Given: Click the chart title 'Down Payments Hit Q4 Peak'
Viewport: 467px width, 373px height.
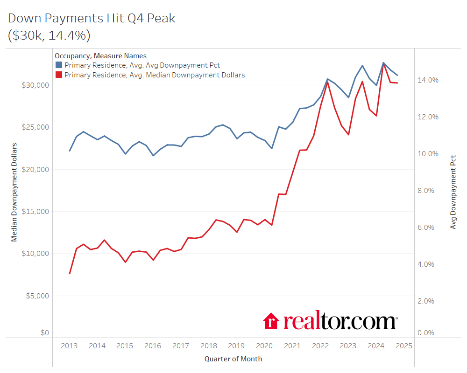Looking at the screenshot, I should click(92, 19).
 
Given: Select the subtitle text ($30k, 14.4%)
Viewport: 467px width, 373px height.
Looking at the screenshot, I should click(49, 35).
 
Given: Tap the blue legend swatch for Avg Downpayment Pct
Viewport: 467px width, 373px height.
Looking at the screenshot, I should click(59, 65).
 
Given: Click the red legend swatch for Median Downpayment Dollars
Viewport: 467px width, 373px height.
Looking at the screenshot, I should click(59, 75).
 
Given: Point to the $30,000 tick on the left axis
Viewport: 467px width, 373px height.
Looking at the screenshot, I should click(35, 85).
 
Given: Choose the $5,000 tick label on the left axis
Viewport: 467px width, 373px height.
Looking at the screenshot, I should click(37, 296).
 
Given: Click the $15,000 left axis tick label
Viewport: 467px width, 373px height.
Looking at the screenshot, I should click(35, 211).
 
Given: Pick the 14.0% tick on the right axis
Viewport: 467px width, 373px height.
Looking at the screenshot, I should click(428, 80).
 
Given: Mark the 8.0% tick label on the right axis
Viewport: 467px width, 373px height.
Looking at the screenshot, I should click(426, 191).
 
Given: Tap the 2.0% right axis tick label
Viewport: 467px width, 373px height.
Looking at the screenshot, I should click(426, 301).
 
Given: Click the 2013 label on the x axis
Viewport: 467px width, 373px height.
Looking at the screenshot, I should click(69, 346).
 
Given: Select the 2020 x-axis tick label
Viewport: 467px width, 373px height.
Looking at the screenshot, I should click(264, 346).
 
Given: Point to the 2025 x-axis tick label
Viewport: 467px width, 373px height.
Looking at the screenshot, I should click(403, 346).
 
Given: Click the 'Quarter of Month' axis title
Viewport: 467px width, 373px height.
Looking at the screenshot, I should click(233, 359).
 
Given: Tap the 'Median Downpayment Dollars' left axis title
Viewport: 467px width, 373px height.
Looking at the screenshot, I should click(14, 192).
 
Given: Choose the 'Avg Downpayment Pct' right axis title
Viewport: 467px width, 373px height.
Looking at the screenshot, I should click(453, 192).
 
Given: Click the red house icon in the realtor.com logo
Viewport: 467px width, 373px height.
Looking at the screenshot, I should click(271, 321).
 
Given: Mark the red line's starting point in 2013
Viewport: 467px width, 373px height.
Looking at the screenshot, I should click(70, 274).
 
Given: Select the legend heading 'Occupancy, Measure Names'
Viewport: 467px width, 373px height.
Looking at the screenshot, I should click(100, 56).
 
